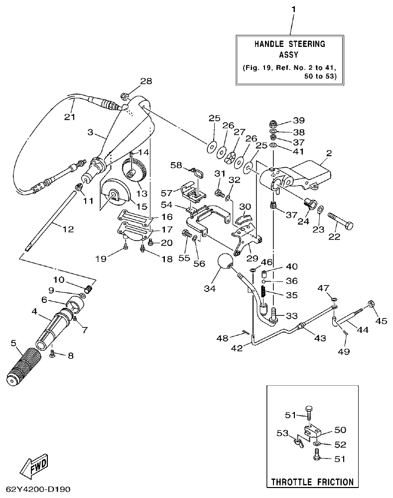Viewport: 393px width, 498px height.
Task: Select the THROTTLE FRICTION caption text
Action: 312,482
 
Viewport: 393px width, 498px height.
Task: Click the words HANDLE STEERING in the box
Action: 290,44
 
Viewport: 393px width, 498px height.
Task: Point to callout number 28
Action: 146,81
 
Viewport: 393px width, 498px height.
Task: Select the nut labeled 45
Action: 372,303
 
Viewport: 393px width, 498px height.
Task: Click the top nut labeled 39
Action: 273,123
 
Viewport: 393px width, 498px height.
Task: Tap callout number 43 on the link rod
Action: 320,338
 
